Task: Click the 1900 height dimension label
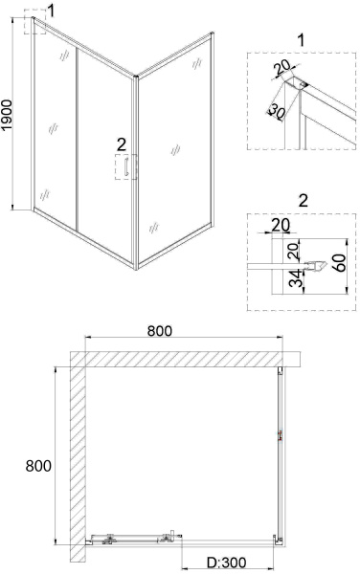8,115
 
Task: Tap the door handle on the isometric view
126,166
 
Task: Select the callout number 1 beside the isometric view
51,11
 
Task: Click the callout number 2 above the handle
122,144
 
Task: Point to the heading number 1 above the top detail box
301,40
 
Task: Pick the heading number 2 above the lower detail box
304,201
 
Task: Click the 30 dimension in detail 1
277,111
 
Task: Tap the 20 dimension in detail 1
282,67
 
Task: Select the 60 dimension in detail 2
341,262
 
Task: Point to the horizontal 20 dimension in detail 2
281,225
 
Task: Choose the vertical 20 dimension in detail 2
294,251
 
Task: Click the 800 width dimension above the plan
160,331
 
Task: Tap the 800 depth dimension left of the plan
38,467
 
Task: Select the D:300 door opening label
227,563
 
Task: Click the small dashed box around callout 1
35,21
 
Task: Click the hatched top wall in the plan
186,359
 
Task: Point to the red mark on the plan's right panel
281,435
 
